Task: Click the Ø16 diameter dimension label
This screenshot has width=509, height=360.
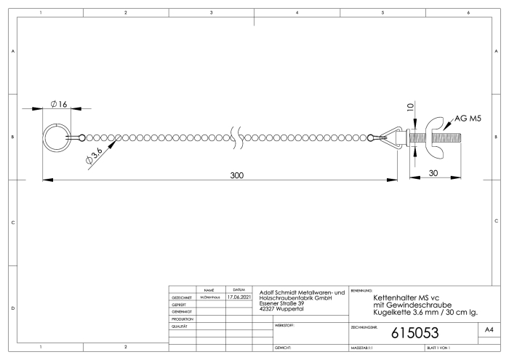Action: coord(59,104)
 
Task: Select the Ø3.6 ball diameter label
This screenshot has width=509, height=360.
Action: coord(95,156)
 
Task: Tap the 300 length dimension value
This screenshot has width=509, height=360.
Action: coord(237,175)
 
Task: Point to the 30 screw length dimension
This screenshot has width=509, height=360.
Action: coord(433,173)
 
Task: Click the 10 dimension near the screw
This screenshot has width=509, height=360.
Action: coord(410,107)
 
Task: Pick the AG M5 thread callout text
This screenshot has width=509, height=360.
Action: coord(468,119)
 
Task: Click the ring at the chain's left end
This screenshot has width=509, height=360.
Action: coord(57,125)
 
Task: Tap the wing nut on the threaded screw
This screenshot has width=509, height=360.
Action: coord(436,137)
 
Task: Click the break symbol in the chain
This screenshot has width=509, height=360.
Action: coord(236,137)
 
